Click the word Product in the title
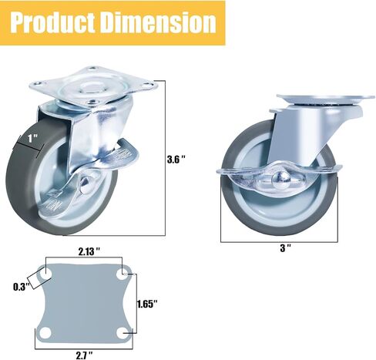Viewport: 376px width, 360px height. coord(52,22)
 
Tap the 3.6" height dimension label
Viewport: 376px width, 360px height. coord(176,160)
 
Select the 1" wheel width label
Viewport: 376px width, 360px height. coord(33,139)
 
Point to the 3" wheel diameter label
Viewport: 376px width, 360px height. coord(285,248)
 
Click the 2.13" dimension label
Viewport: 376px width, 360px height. coord(89,252)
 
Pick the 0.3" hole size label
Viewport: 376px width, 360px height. coord(22,287)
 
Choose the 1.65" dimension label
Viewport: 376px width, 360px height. coord(147,304)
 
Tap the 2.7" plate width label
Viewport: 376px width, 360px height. coord(84,355)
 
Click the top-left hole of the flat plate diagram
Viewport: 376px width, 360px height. coord(45,274)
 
